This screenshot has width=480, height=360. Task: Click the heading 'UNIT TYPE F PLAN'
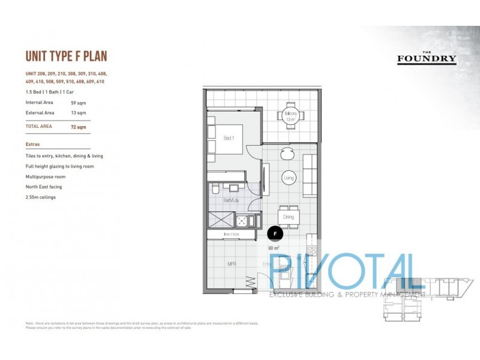[66, 57]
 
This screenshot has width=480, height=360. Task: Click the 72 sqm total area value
[79, 127]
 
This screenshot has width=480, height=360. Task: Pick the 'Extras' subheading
[33, 144]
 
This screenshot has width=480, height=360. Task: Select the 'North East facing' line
[44, 187]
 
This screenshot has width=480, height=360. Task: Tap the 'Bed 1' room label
[228, 138]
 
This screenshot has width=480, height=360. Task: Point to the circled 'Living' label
[289, 178]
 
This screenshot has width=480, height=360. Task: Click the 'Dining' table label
[288, 217]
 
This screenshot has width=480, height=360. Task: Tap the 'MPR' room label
[231, 263]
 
